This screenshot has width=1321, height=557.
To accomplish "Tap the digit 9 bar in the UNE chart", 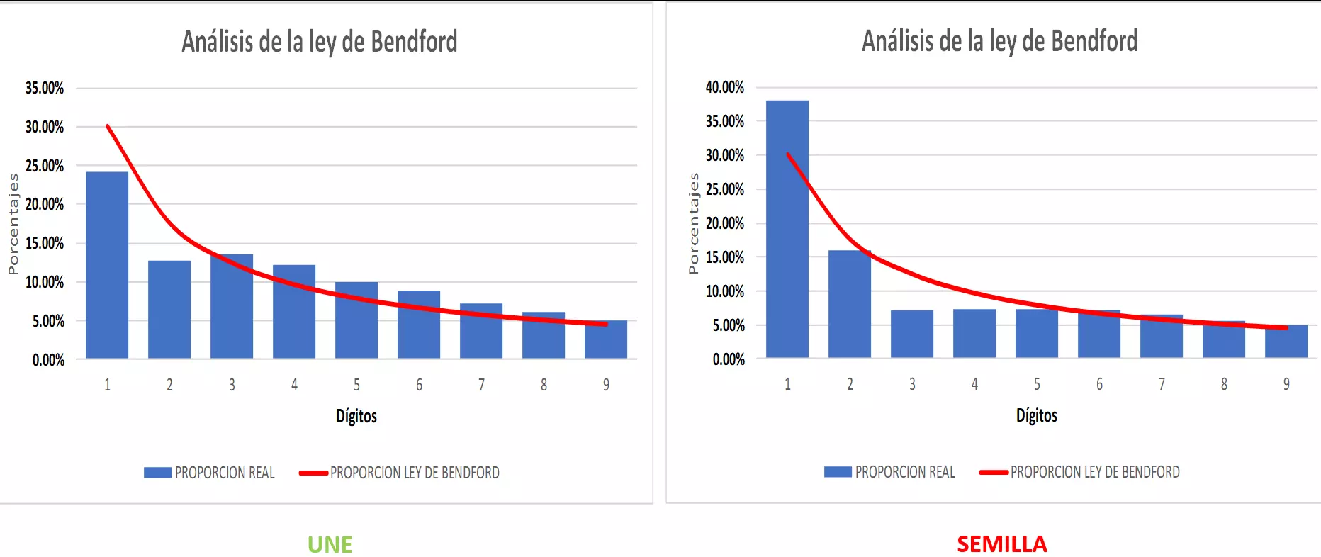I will pos(606,339).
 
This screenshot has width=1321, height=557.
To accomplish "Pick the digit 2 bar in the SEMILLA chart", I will pos(849,304).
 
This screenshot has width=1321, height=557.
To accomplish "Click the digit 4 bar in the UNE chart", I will pos(294,312).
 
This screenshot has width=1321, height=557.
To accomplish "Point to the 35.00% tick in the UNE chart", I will pos(45,89).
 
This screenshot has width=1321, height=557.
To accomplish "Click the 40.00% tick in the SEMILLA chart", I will pos(725,88).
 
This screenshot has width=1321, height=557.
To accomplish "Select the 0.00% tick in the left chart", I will pos(48,360).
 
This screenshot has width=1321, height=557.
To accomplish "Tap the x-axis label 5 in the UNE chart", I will pos(356,385).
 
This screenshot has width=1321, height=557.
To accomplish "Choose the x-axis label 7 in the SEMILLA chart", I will pos(1162,384).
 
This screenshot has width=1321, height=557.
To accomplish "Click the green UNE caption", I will pos(330,544).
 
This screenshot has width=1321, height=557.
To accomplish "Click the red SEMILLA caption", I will pos(1001,544).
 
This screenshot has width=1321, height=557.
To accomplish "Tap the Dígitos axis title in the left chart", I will pos(356,416).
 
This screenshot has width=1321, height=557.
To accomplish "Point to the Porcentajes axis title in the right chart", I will pos(694,223).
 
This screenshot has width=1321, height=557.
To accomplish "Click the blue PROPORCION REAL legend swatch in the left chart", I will pos(157,473).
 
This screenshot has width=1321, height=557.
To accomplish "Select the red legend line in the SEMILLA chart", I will pos(994,472).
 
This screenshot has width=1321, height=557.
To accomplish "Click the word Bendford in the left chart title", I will pos(414,42).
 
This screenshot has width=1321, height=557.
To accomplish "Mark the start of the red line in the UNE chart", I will pos(108,126).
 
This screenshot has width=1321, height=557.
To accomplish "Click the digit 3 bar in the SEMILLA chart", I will pos(911,334).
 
